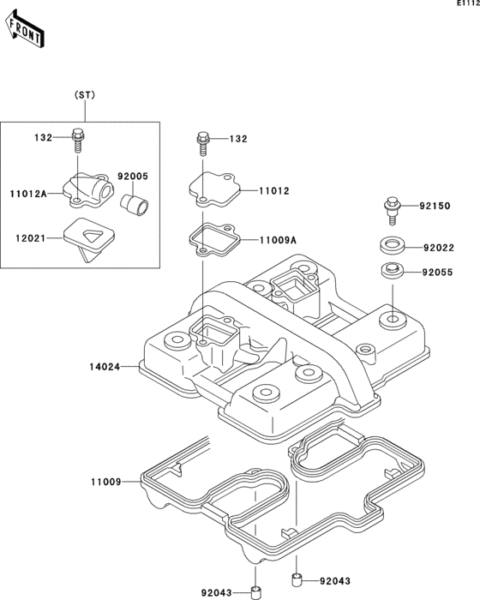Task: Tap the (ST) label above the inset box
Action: click(85, 95)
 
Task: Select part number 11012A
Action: click(28, 194)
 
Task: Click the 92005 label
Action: click(133, 177)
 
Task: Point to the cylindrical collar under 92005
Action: click(135, 206)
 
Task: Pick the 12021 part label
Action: click(31, 238)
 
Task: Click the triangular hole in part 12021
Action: click(93, 236)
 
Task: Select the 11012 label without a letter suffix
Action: click(274, 191)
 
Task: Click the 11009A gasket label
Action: click(278, 240)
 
